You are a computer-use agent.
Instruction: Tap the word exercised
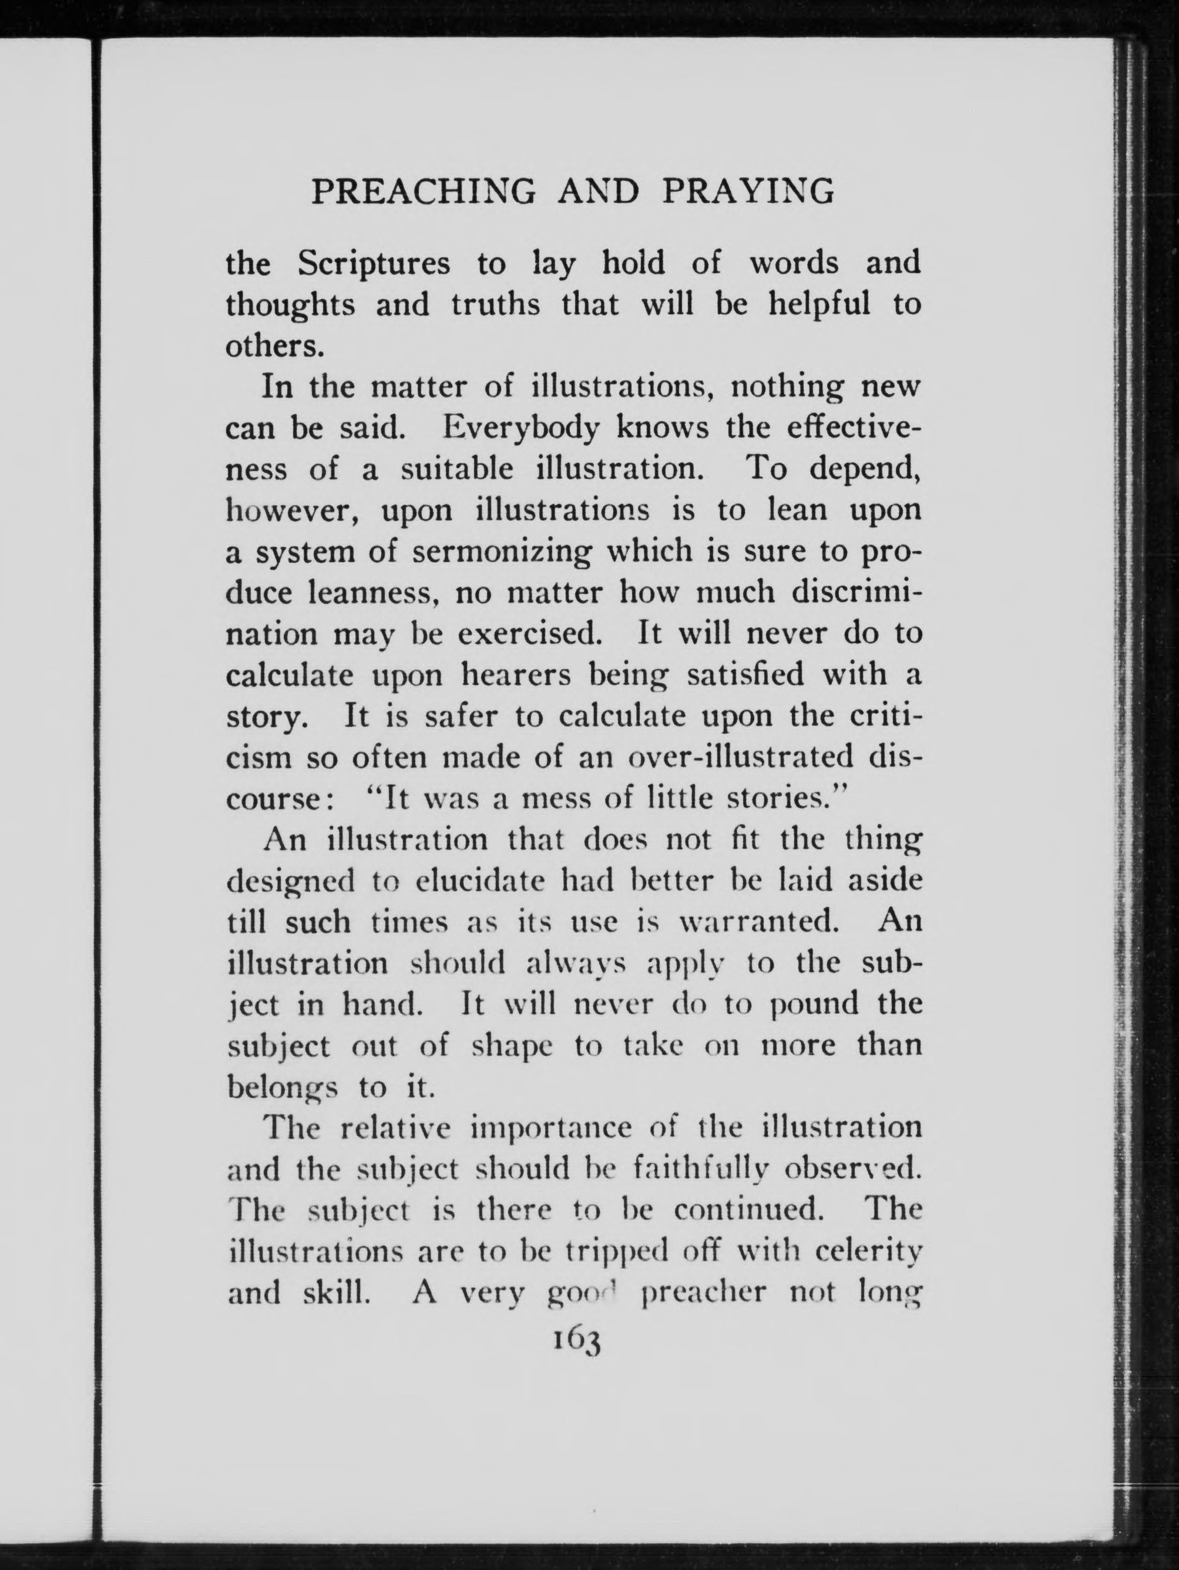click(529, 634)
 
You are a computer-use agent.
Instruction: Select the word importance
click(551, 1128)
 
